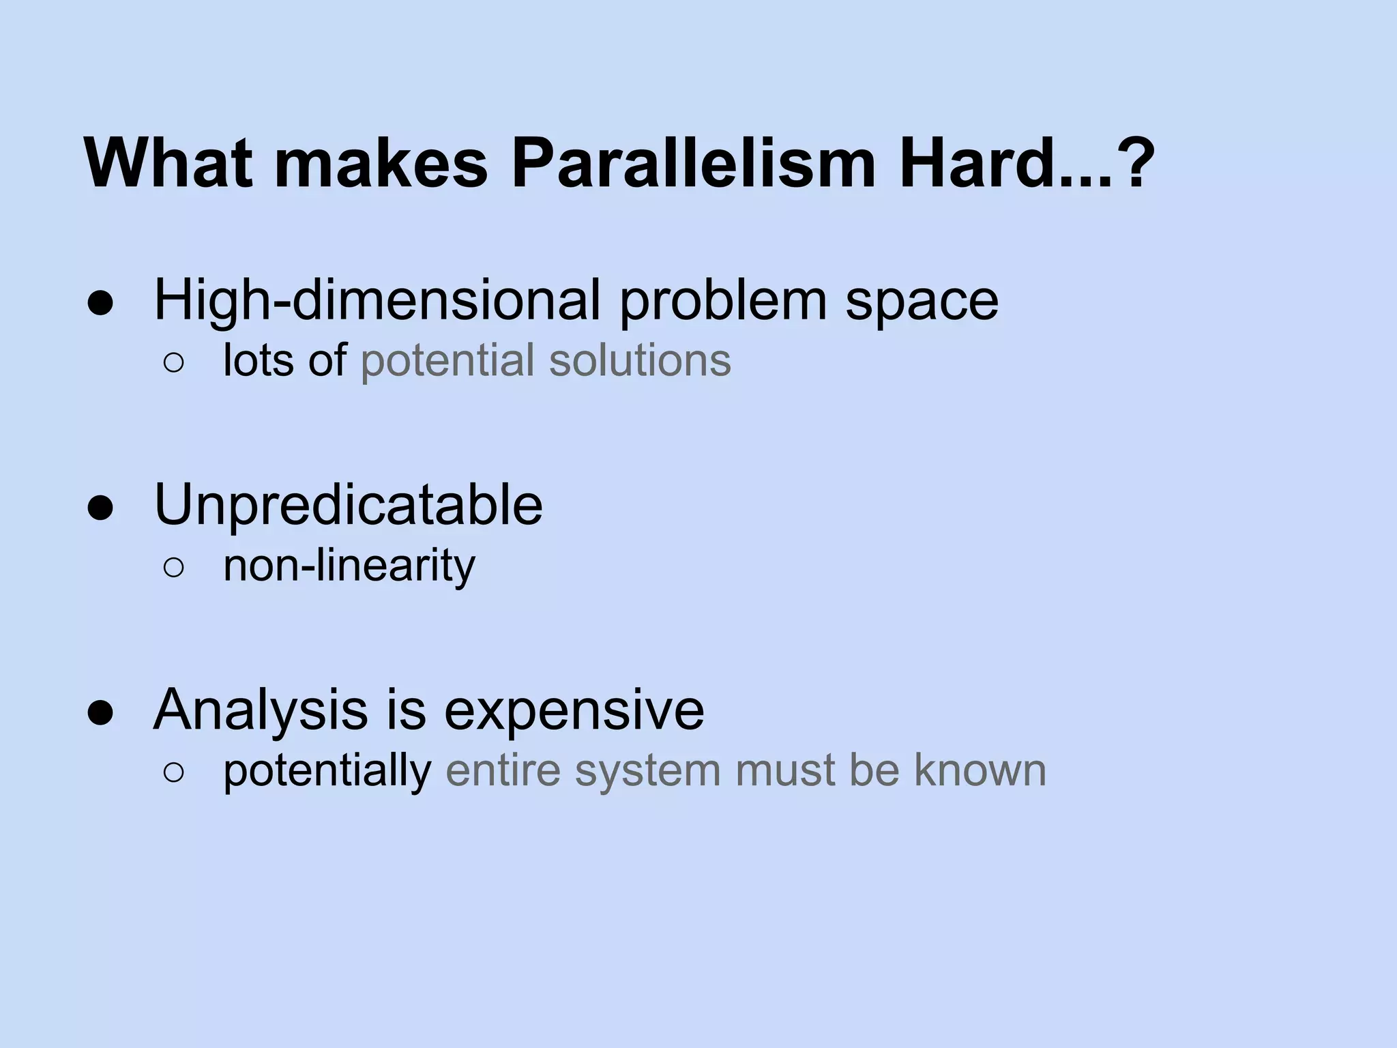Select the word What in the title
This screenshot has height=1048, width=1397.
pos(168,164)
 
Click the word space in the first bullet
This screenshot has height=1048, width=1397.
pos(922,302)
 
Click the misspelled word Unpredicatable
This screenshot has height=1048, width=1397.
pos(349,505)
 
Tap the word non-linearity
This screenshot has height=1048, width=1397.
pos(349,566)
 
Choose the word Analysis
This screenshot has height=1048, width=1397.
pos(260,711)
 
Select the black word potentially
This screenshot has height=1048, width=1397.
pos(327,772)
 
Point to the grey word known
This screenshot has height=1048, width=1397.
pos(980,770)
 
